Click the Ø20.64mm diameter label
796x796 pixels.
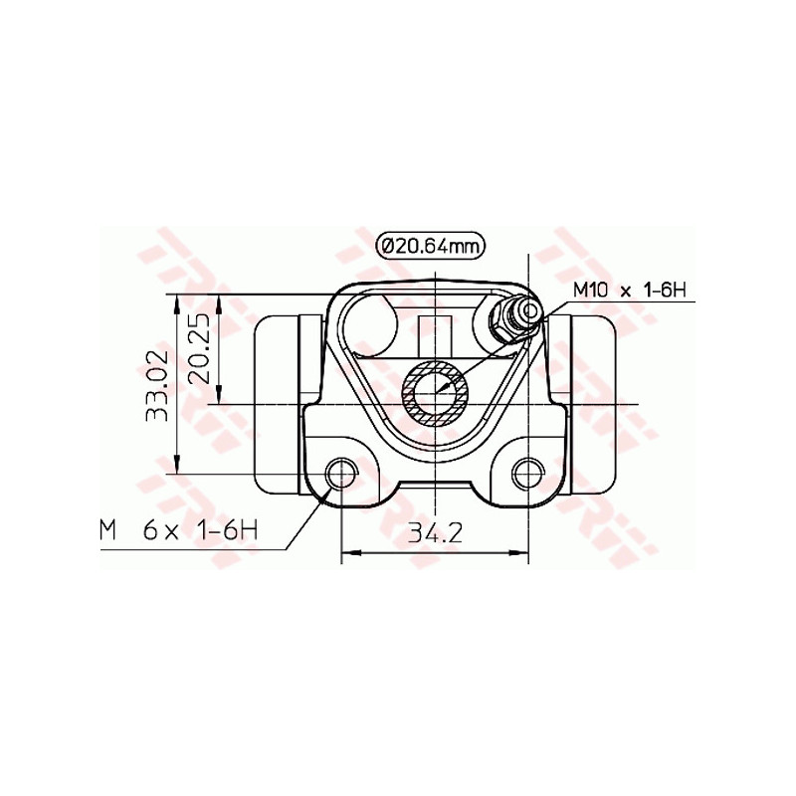(431, 245)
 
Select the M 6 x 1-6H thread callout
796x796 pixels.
(178, 530)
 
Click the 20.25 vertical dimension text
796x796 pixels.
(198, 349)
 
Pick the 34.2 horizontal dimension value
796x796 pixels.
(435, 532)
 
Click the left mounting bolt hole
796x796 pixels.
(342, 473)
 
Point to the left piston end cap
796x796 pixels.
(281, 403)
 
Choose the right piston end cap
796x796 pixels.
(588, 403)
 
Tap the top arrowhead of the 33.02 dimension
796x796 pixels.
(176, 301)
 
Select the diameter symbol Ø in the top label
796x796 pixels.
(388, 245)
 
